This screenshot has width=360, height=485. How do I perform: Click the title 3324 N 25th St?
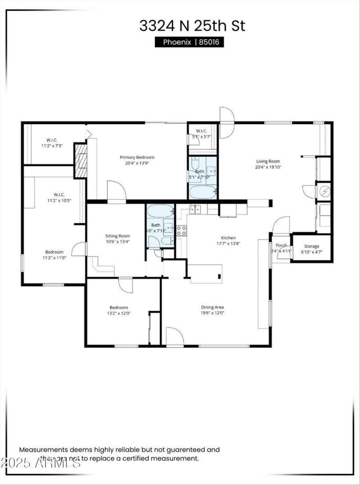point(192,26)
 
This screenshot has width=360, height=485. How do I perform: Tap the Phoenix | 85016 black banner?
point(189,42)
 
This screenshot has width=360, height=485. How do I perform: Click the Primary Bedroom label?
point(137,157)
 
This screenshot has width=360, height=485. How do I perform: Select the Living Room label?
point(268,162)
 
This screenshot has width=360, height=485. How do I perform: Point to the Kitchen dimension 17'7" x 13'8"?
point(228,244)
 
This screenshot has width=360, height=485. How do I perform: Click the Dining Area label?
point(212,307)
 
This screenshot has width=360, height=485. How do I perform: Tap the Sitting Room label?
point(117,236)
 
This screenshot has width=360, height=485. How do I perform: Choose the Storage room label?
point(311,246)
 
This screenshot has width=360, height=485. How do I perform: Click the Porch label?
point(281,245)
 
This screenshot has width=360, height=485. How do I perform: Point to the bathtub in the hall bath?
point(160,211)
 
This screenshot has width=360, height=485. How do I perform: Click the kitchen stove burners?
point(181,231)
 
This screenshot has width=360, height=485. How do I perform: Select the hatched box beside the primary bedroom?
point(80,160)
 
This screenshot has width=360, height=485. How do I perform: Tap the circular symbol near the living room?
point(324,192)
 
